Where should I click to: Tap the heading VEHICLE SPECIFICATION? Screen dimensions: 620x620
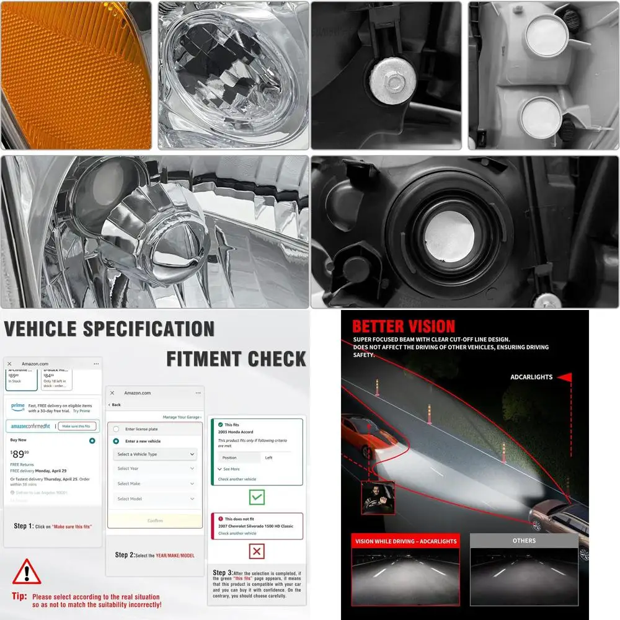pos(109,329)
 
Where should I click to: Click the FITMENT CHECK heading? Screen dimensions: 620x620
pos(236,359)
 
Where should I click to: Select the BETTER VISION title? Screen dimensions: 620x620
pos(404,326)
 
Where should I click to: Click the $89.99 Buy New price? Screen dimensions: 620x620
pos(21,454)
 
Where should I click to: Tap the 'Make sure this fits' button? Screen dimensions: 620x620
pos(77,426)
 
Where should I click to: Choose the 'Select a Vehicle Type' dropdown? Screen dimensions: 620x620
pos(156,454)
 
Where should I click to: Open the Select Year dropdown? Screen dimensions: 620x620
pos(156,469)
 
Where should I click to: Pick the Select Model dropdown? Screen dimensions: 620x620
pos(156,498)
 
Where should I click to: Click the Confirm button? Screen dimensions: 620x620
pos(155,520)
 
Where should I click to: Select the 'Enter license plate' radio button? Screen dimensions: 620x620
pos(116,429)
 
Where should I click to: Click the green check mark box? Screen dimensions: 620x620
pos(257,497)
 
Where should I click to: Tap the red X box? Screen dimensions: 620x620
pos(257,551)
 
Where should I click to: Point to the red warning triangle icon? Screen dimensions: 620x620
pos(27,572)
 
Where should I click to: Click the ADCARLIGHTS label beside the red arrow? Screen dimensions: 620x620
pos(531,377)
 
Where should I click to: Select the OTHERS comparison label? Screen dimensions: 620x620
pos(524,541)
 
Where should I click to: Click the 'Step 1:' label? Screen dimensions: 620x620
pos(24,526)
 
